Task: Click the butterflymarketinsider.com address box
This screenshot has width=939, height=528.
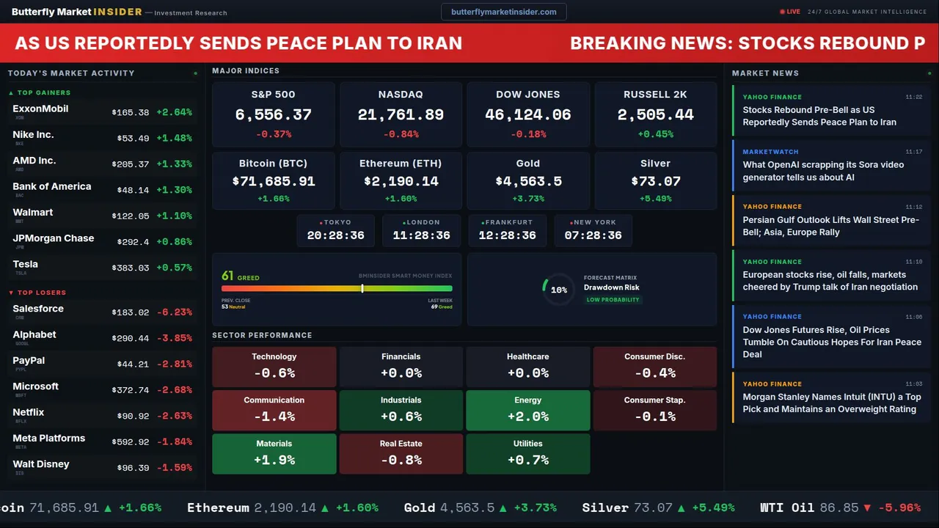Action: tap(503, 12)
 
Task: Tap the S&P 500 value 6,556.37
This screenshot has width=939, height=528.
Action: tap(273, 114)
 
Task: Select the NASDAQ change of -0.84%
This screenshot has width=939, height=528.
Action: tap(401, 134)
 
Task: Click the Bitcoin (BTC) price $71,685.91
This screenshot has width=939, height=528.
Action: tap(273, 181)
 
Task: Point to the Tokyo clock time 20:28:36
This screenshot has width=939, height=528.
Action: tap(335, 235)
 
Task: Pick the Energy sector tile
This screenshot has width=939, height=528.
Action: tap(527, 410)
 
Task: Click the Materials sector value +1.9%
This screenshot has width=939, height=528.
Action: tap(274, 460)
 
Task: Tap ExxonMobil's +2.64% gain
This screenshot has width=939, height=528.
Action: tap(174, 112)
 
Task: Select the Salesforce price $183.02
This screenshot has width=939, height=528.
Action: tap(131, 312)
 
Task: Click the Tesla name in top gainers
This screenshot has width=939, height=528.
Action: tap(26, 264)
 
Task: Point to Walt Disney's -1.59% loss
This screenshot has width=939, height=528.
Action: tap(174, 468)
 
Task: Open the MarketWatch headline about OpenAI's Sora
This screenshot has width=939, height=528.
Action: tap(823, 171)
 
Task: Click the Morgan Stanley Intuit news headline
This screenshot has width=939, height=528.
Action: tap(831, 403)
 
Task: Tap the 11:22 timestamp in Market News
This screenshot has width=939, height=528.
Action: tap(913, 97)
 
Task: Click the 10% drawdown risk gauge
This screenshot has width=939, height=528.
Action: tap(558, 290)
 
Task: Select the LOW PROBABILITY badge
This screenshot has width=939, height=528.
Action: tap(613, 300)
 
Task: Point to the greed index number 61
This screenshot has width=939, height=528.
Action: tap(227, 276)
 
